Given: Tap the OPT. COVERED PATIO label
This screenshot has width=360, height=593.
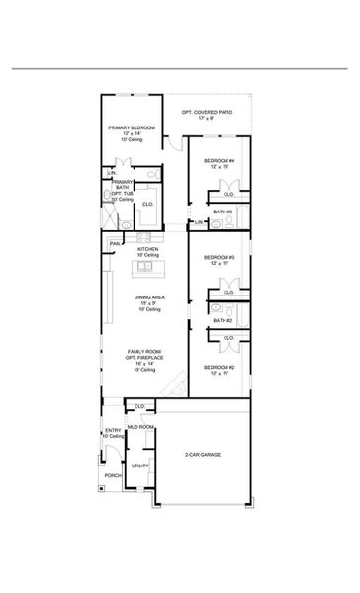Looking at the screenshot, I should click(208, 114).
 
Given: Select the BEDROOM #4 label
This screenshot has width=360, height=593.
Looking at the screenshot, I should click(219, 160).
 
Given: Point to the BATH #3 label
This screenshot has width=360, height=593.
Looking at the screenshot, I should click(225, 212).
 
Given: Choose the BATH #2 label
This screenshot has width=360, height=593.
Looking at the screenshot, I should click(225, 320).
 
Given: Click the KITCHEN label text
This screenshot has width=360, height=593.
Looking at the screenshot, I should click(147, 249).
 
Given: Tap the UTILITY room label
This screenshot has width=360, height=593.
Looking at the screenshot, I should click(139, 465).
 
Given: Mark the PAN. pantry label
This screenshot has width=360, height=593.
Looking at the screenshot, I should click(115, 242).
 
